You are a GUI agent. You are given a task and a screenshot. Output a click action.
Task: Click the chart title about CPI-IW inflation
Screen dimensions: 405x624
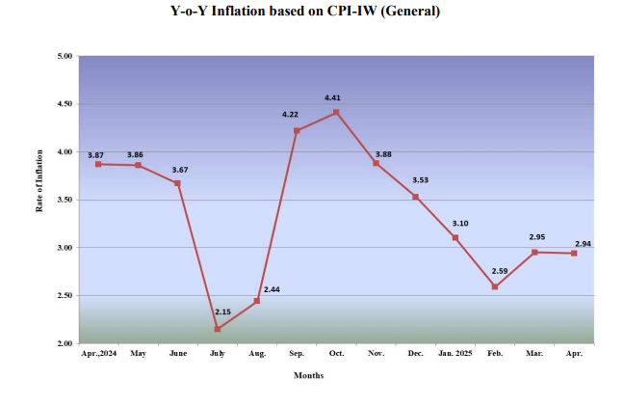click(x=311, y=12)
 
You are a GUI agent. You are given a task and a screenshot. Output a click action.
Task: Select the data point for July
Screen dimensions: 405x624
click(x=217, y=329)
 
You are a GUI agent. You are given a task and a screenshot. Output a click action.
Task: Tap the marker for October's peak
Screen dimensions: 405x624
click(x=336, y=113)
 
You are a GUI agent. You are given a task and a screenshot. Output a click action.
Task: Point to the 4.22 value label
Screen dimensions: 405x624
click(x=290, y=115)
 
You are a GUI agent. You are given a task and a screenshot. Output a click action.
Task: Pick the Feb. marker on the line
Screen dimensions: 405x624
click(x=495, y=286)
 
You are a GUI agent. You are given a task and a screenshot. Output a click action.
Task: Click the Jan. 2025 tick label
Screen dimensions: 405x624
click(x=455, y=354)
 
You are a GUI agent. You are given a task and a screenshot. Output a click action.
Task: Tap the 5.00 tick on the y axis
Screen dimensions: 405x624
click(x=65, y=57)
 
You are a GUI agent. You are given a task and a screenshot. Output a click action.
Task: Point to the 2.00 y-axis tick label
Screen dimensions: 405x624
click(x=65, y=343)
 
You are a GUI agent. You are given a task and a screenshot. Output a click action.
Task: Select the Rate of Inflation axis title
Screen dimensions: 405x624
click(x=40, y=200)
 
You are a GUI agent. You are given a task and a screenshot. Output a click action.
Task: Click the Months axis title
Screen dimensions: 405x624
click(x=309, y=375)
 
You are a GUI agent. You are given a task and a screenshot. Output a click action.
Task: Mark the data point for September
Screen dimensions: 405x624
click(x=297, y=130)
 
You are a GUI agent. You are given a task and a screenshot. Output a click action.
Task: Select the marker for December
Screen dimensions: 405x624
click(x=415, y=197)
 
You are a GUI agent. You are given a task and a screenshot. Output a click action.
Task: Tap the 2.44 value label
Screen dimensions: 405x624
click(x=271, y=289)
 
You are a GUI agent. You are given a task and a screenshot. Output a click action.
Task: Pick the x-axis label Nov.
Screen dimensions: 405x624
click(x=376, y=354)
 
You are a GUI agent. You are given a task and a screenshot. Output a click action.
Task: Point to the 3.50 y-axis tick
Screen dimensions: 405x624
click(x=65, y=200)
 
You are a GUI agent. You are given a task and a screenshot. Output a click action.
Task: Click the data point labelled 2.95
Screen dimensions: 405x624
click(x=534, y=252)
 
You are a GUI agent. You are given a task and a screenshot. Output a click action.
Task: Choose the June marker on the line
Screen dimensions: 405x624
click(x=178, y=183)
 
